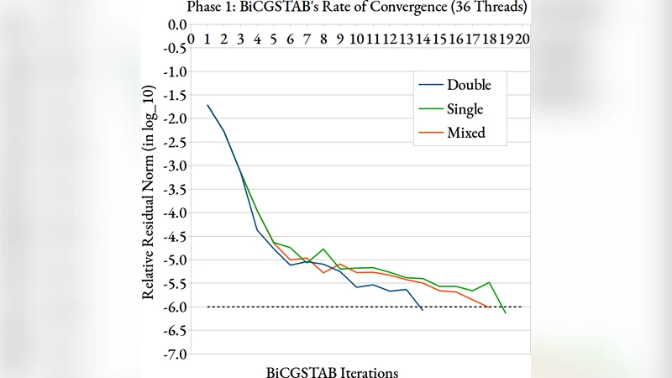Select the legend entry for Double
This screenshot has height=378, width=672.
tap(469, 85)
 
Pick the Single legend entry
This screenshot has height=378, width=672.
tap(465, 108)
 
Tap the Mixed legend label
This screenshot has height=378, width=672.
tap(465, 133)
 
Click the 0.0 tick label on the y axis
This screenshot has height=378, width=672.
tap(176, 25)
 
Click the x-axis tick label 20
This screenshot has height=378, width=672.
tap(522, 39)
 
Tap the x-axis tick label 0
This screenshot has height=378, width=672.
tap(192, 39)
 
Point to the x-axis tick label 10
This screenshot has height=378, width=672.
tap(356, 39)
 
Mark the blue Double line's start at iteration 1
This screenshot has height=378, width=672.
tap(207, 105)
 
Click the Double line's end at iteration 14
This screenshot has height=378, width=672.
tap(423, 311)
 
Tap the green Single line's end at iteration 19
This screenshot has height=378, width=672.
tap(505, 313)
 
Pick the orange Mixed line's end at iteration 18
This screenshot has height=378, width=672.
tap(489, 307)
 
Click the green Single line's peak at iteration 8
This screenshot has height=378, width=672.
tap(323, 249)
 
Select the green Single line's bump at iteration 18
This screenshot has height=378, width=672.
tap(489, 282)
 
